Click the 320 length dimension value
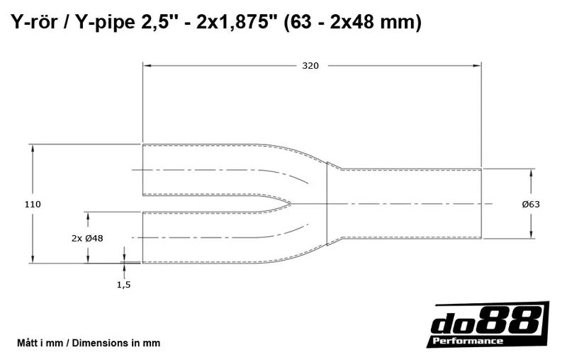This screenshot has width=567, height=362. (310, 66)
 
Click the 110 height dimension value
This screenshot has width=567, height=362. (33, 204)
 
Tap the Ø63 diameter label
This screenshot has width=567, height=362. (531, 204)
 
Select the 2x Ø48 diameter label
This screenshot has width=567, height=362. (87, 238)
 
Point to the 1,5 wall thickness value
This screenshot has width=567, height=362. (124, 284)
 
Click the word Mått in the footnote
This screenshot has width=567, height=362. (29, 343)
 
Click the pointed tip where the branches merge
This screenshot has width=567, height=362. (290, 204)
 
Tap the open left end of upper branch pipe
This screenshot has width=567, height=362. (143, 170)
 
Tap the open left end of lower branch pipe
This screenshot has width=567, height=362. (143, 238)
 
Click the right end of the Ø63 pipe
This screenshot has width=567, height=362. (482, 204)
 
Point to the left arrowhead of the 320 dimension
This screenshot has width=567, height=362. (146, 66)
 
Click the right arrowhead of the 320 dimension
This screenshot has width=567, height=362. (479, 66)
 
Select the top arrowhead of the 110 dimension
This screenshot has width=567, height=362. (33, 147)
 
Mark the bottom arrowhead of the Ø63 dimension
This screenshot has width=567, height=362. (531, 235)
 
